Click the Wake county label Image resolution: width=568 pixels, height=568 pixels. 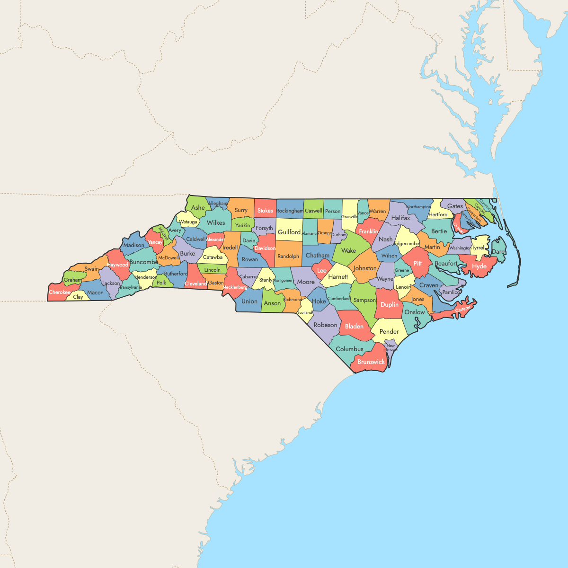click(348, 251)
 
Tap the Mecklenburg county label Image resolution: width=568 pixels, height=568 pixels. click(235, 287)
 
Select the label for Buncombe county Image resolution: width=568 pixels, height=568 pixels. click(143, 262)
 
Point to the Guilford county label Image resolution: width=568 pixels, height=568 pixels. click(289, 232)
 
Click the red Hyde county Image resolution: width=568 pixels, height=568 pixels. click(479, 266)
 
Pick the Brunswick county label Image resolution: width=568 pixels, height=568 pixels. click(371, 362)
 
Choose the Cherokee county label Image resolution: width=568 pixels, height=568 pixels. click(60, 292)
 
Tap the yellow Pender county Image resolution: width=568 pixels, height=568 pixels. click(389, 331)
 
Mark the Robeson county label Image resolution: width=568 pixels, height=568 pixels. click(326, 325)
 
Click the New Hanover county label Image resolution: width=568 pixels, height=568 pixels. click(390, 347)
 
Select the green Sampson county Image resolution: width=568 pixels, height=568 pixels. click(364, 300)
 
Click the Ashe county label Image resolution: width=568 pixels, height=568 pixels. click(198, 207)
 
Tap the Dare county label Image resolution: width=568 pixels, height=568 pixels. click(498, 252)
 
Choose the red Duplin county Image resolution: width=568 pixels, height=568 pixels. click(390, 304)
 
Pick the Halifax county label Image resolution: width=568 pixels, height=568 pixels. click(400, 218)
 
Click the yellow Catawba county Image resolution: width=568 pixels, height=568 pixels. click(213, 257)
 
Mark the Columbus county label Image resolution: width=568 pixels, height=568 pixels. click(349, 349)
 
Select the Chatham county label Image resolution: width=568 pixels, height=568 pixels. click(317, 256)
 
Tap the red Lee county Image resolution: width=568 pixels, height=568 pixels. click(322, 270)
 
